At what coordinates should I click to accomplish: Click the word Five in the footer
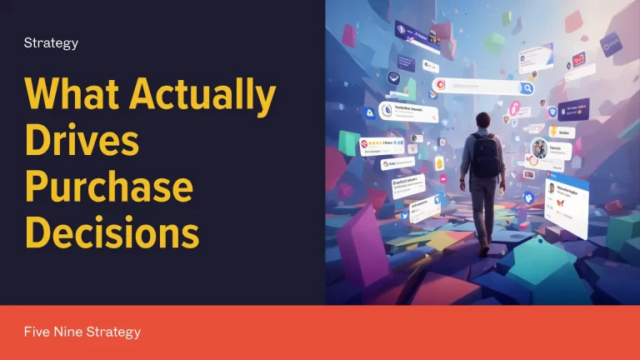(x=38, y=332)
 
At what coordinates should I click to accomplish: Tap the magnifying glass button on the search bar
(x=527, y=87)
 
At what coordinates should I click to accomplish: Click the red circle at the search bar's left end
(x=439, y=85)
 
